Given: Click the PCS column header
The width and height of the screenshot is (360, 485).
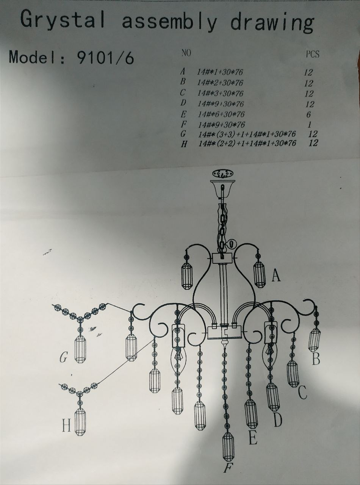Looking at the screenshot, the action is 312,54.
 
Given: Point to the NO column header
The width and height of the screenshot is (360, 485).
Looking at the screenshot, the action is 186,53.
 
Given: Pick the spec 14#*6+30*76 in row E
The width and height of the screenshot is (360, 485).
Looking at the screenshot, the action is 221,114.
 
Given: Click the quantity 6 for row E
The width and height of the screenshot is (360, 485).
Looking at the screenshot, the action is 308,114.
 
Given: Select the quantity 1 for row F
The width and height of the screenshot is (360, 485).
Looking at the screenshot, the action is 310,125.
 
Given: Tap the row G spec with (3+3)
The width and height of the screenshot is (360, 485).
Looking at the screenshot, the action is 247,134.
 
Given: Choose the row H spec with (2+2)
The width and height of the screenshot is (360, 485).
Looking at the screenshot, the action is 247,144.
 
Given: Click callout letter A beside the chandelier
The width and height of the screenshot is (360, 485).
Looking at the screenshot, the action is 276,275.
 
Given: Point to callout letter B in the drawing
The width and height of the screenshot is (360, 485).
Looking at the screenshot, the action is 316,358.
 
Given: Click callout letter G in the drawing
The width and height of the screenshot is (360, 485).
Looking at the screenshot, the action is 63,357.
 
